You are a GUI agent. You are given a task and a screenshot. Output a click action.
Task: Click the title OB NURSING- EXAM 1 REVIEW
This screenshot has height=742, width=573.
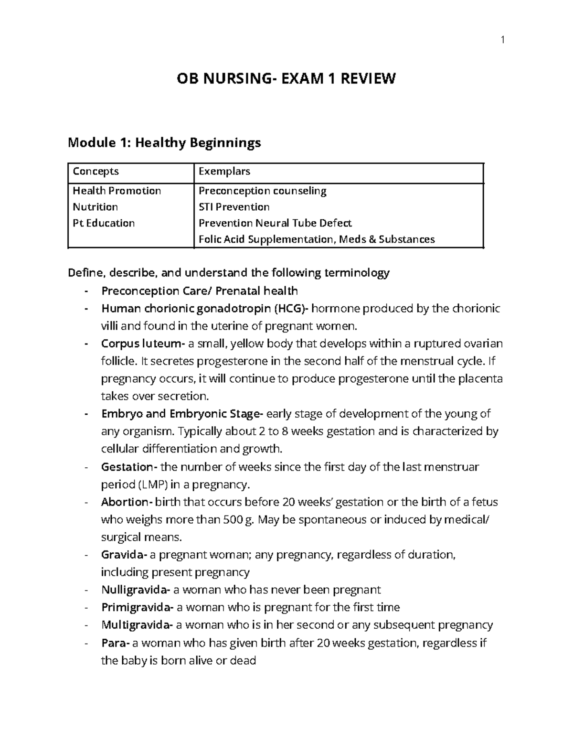tap(286, 78)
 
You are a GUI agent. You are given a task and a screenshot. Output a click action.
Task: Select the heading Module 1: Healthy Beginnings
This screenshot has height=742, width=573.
tap(164, 142)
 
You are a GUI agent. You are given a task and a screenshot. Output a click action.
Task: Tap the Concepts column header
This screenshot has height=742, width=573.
tap(95, 172)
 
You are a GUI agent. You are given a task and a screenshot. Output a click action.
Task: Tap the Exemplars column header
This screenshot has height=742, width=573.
tap(224, 172)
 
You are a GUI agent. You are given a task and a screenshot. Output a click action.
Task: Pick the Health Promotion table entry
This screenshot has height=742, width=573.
tap(117, 191)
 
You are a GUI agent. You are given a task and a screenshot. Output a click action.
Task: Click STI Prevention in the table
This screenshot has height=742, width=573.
tap(234, 207)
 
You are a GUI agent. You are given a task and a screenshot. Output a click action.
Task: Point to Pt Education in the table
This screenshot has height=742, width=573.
tap(104, 223)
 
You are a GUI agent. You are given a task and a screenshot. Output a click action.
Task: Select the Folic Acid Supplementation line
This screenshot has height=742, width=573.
tap(317, 239)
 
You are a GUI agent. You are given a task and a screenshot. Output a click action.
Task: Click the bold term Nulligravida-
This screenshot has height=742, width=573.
tap(136, 590)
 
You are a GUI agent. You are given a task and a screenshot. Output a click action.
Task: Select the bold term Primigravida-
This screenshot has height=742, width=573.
tap(138, 608)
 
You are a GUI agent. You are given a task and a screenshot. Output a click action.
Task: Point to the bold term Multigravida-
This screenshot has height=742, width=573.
tap(138, 625)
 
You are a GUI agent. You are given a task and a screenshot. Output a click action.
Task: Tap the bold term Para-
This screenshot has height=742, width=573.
tap(115, 643)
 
